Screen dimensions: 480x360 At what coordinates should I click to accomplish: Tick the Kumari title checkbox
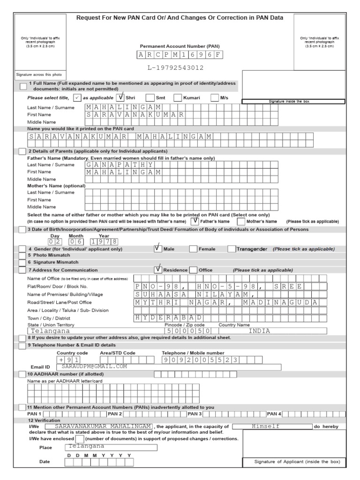pos(178,98)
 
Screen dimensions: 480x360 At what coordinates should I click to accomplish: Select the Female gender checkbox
pos(193,249)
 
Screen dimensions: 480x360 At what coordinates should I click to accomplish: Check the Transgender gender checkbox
pos(231,249)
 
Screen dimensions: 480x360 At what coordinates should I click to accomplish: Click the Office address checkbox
pos(193,270)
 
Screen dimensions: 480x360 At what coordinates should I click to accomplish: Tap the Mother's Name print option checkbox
pos(241,221)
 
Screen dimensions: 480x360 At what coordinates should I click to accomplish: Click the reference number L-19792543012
pos(176,67)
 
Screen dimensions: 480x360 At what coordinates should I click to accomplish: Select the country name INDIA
pos(259,330)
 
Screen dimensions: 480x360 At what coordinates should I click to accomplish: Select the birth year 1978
pos(105,241)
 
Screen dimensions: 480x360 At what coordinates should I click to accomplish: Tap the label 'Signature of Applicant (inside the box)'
pos(293,462)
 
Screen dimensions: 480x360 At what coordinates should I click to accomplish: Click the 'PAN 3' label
pos(195,414)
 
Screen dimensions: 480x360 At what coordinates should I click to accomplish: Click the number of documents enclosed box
pos(80,439)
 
